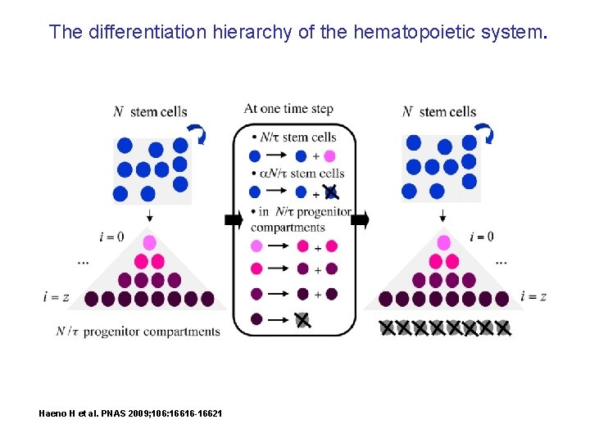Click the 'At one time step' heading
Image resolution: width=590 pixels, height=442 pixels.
pos(288,109)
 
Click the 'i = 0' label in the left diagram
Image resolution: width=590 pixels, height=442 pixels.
pos(111,237)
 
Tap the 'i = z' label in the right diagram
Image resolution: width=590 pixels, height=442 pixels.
pos(533,296)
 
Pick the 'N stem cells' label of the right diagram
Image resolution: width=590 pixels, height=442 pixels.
pos(439,112)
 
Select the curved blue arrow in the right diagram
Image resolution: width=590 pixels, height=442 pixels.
pos(484,133)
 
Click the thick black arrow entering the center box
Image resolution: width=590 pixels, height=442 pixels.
pos(232,219)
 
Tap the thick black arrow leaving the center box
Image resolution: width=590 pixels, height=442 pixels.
pos(361,219)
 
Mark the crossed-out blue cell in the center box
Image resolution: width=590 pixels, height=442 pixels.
pos(329,192)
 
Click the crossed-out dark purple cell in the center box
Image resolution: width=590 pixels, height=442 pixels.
pos(303,320)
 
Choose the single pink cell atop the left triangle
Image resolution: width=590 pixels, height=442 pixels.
pos(149,242)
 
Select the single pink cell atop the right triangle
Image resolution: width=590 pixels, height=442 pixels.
pos(443,242)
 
